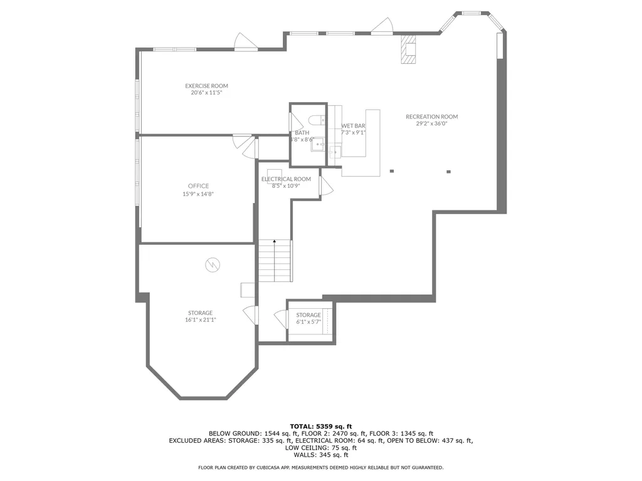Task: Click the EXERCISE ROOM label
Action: click(x=206, y=86)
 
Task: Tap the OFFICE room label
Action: click(x=198, y=186)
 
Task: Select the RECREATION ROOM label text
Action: click(x=431, y=116)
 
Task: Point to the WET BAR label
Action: click(x=353, y=126)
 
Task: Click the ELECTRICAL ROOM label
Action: click(x=286, y=179)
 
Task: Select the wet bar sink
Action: click(x=335, y=150)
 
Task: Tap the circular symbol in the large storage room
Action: click(x=212, y=265)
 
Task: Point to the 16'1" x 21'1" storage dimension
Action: click(x=200, y=319)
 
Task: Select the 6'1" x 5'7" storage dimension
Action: click(x=308, y=322)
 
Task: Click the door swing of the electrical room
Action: click(x=325, y=186)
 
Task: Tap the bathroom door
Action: click(x=293, y=121)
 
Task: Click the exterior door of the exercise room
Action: click(x=245, y=42)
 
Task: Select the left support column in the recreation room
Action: click(x=392, y=171)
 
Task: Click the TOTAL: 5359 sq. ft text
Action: click(x=320, y=426)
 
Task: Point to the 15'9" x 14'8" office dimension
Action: click(x=198, y=194)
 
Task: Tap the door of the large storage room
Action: click(x=250, y=314)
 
